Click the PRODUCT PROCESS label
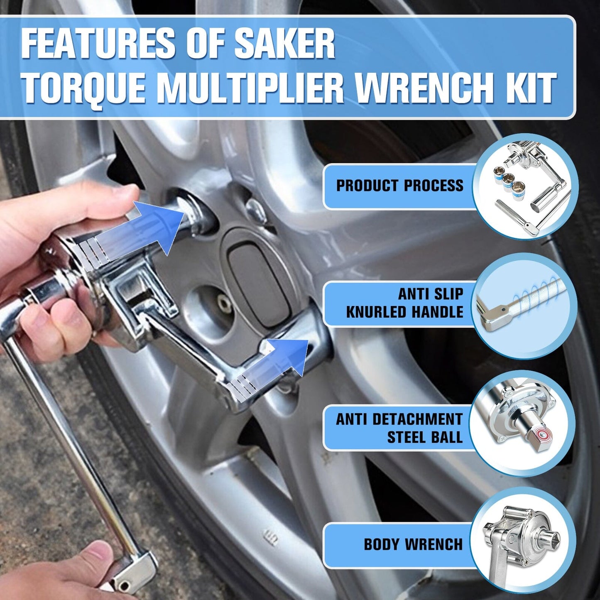(x=399, y=186)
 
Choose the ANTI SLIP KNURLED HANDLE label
(x=404, y=303)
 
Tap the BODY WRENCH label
(x=413, y=544)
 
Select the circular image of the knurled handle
(x=525, y=306)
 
